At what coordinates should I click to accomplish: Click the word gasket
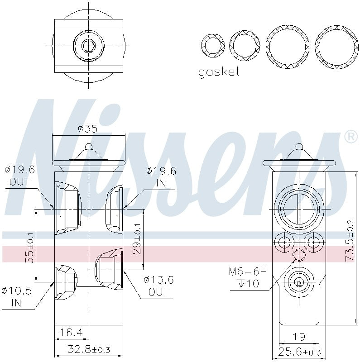tap(219, 72)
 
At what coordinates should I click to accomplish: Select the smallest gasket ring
tap(213, 46)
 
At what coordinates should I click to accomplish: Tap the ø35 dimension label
tap(87, 129)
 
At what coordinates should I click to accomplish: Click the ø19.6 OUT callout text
tap(19, 176)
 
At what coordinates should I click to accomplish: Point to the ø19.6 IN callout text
tap(161, 176)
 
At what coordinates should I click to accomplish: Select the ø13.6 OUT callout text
tap(158, 286)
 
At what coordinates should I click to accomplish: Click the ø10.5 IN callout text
tap(17, 297)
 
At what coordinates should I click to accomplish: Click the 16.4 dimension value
tap(71, 333)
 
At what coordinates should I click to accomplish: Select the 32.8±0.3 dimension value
tap(88, 350)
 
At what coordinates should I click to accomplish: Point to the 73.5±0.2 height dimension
tap(349, 240)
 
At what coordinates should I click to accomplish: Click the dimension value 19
tap(298, 337)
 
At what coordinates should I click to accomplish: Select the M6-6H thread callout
tap(248, 272)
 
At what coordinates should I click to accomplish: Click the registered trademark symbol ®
tap(350, 136)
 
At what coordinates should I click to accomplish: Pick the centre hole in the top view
tap(88, 45)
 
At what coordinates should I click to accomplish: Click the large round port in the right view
tap(298, 208)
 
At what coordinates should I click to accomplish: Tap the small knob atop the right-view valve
tap(298, 147)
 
